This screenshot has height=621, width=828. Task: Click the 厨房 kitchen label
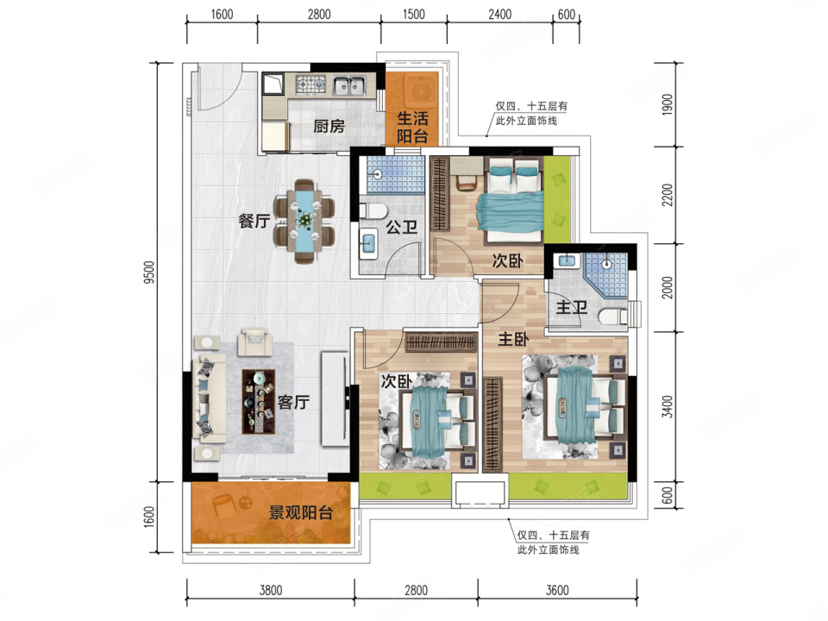pos(329,126)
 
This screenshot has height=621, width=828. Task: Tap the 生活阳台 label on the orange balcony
pos(412,128)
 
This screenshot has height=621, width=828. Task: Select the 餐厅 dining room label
pos(254,221)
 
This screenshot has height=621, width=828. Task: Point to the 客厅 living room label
pos(293,403)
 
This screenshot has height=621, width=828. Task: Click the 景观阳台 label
pos(300,512)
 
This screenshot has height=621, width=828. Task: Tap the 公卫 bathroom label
pos(401,228)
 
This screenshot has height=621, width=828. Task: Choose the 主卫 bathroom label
pos(571,306)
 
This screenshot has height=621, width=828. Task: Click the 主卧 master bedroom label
pos(513,339)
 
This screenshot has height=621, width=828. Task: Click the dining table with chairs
pos(304,222)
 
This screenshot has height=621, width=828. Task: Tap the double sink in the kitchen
pos(349,85)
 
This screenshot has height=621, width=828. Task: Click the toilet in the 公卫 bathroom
pos(373,210)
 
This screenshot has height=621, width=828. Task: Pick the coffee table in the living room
pos(258,402)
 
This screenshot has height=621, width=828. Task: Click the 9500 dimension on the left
pos(149,273)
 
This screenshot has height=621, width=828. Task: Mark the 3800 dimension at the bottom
pos(270,590)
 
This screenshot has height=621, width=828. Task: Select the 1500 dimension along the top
pos(413,15)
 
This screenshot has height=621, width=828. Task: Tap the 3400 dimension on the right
pos(668,406)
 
